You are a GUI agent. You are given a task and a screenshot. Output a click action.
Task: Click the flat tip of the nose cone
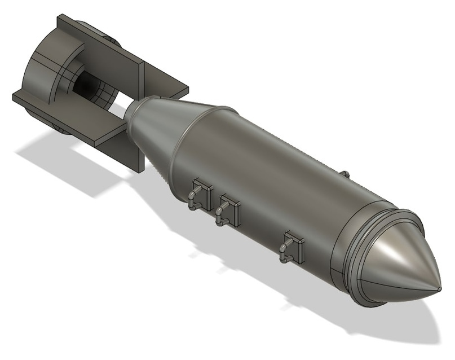(439, 289)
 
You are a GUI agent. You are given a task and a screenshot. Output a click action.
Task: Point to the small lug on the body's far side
(346, 172)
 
